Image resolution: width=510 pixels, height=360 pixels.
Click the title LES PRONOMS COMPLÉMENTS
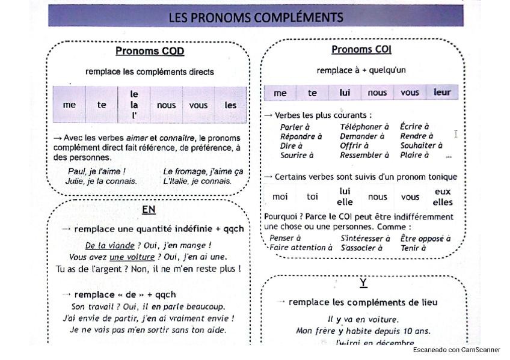(256, 17)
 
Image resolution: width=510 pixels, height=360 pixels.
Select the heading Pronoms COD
(150, 51)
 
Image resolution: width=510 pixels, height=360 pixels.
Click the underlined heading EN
(149, 210)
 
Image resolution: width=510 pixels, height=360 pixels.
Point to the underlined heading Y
(363, 282)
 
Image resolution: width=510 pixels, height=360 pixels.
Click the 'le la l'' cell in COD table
(134, 105)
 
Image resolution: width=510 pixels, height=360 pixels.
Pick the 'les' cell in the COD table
(231, 105)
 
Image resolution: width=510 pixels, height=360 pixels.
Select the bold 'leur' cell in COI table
(441, 93)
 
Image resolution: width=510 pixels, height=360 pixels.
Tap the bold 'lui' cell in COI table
(345, 93)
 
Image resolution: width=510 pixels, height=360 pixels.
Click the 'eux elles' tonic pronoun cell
(443, 197)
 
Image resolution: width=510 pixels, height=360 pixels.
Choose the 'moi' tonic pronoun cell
(280, 197)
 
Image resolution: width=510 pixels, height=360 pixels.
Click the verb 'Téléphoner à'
(364, 127)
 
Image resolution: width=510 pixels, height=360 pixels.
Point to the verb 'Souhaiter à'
(421, 145)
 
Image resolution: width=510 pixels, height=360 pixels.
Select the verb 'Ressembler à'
(364, 155)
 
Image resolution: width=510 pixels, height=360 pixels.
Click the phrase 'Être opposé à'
(425, 238)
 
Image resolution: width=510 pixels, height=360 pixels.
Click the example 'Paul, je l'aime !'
(97, 171)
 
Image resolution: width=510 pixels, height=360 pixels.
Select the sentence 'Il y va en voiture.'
(363, 319)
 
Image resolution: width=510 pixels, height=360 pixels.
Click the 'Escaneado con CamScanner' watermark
(456, 350)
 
